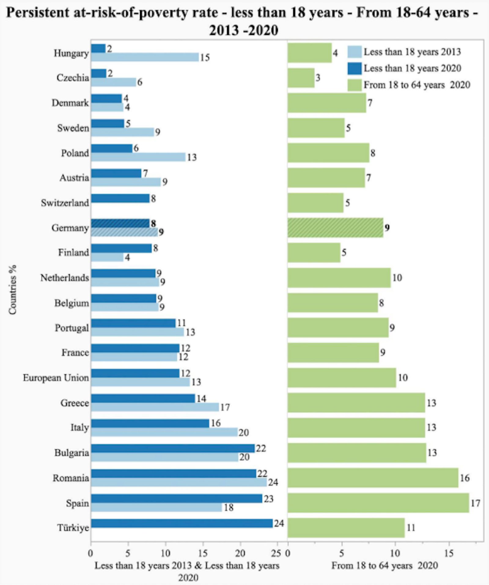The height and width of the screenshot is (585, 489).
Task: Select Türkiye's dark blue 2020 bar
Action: [x=182, y=523]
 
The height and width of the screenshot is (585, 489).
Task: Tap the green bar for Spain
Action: [x=378, y=503]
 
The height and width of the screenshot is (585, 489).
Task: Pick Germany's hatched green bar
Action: [x=335, y=228]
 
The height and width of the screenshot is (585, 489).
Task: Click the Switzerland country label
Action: [x=65, y=203]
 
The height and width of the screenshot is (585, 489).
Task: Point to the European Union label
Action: [x=56, y=378]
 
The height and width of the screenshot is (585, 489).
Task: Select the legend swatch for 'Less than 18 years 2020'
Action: [x=355, y=69]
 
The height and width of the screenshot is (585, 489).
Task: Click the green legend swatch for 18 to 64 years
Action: [x=355, y=85]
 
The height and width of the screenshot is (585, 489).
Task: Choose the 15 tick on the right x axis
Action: [x=449, y=553]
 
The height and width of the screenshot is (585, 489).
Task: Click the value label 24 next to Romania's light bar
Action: [x=273, y=483]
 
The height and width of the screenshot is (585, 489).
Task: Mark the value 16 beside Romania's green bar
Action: [x=465, y=478]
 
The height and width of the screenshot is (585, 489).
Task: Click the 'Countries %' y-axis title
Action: [x=13, y=289]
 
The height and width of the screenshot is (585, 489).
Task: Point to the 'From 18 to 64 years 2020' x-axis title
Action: [x=384, y=565]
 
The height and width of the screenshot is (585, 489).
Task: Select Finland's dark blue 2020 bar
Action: [x=121, y=248]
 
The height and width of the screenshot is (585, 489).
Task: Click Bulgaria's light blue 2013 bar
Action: [x=164, y=457]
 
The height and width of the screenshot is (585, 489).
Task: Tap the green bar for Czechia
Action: [x=301, y=78]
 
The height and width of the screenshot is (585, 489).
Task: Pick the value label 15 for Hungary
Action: [x=205, y=58]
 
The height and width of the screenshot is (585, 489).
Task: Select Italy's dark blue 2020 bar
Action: [x=150, y=423]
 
